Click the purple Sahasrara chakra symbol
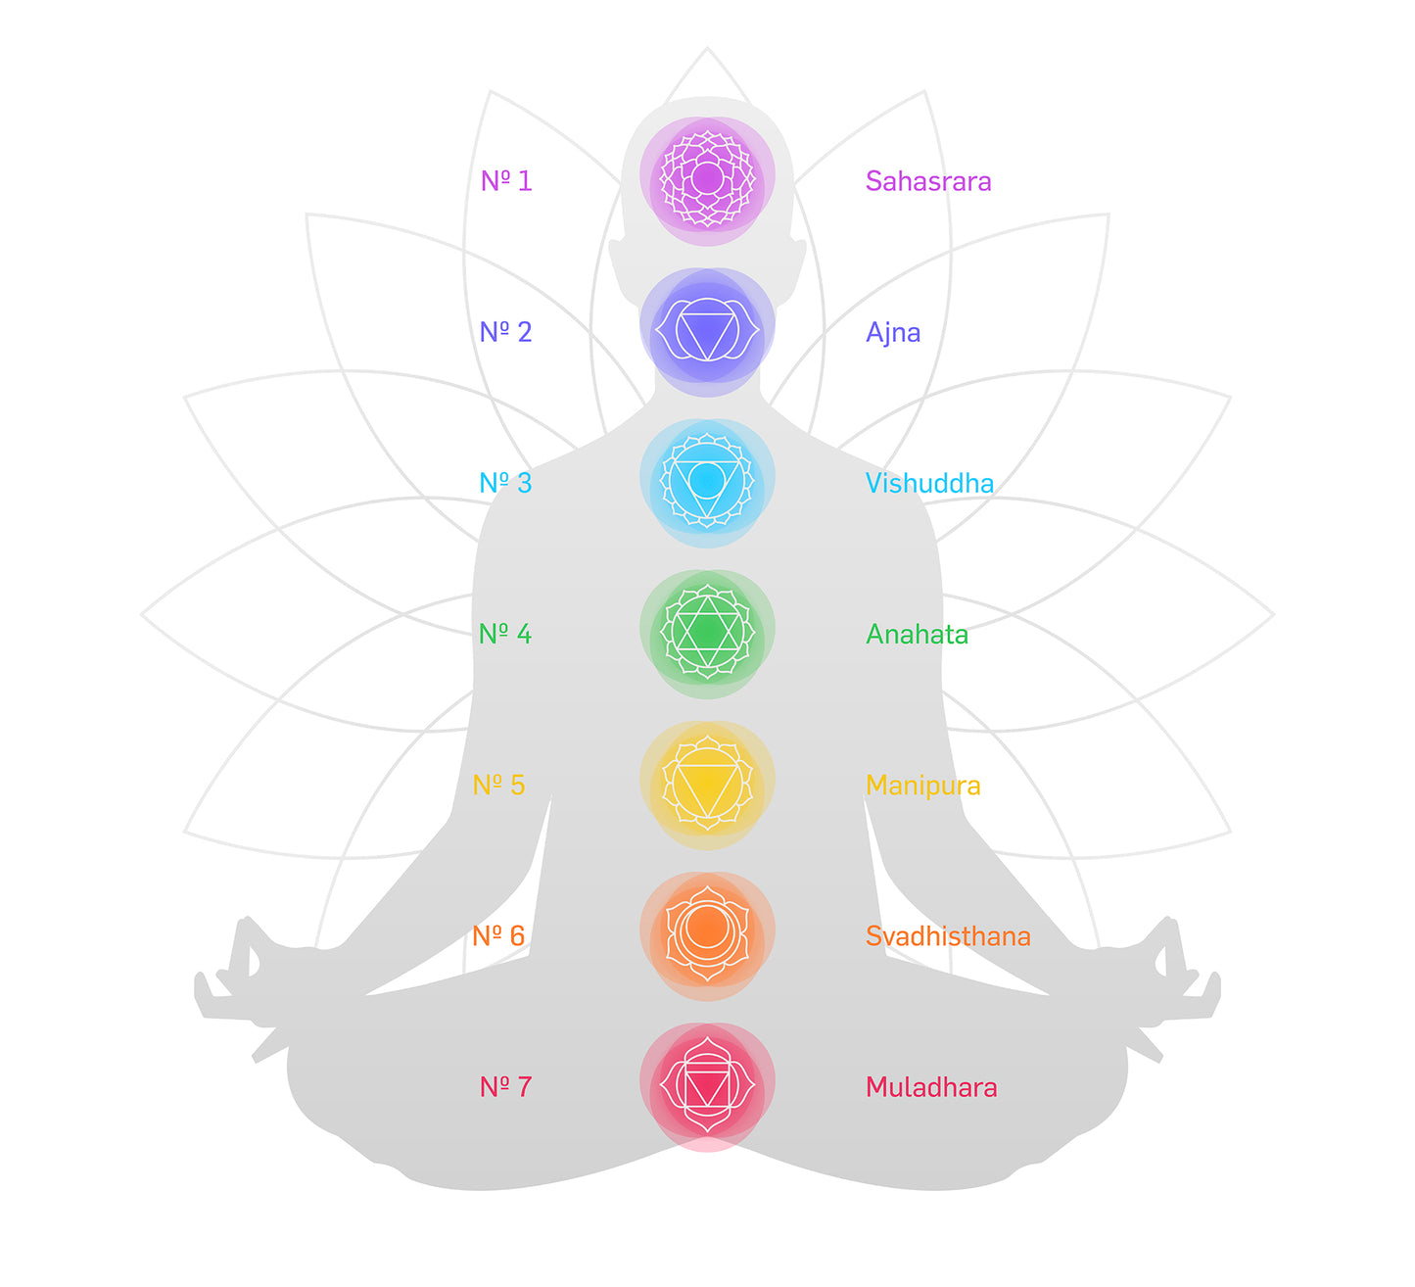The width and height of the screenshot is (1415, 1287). tap(707, 179)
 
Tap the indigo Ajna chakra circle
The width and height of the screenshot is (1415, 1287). tap(707, 331)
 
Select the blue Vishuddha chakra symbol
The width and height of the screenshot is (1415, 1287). tap(707, 481)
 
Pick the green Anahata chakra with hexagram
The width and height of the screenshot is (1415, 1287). tap(707, 633)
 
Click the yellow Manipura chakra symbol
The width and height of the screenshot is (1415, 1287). tap(707, 784)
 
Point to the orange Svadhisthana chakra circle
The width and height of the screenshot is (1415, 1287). tap(707, 934)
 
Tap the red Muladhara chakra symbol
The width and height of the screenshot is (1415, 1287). tap(707, 1086)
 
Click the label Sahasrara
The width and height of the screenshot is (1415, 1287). tap(927, 181)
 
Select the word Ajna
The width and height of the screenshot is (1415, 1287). tap(892, 333)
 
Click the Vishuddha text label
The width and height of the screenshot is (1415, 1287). tap(929, 483)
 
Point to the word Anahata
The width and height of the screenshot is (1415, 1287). tap(917, 635)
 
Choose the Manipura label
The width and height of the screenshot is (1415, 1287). tap(922, 786)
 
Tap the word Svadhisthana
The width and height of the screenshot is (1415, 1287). tap(947, 936)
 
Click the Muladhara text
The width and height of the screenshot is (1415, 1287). tap(931, 1087)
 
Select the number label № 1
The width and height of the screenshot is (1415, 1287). tap(506, 181)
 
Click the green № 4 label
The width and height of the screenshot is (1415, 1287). tap(505, 635)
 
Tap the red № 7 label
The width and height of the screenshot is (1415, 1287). tap(505, 1087)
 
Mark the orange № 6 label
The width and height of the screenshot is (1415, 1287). tap(498, 936)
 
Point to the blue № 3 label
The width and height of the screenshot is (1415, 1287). tap(505, 483)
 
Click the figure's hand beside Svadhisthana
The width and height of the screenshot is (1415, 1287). tap(1175, 970)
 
